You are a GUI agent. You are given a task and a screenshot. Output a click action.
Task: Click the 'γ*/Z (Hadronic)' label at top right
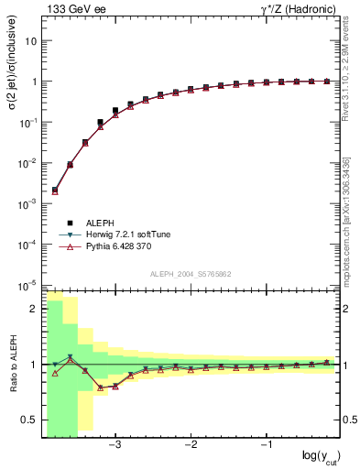[294, 9]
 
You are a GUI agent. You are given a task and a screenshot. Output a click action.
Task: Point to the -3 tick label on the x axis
[115, 446]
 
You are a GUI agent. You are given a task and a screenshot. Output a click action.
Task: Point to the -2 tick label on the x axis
[191, 446]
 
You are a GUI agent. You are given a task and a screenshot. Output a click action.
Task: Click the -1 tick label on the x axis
[266, 446]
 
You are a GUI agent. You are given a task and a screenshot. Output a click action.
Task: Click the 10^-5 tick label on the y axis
[27, 285]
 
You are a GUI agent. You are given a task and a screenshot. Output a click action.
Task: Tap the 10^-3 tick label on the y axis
[27, 203]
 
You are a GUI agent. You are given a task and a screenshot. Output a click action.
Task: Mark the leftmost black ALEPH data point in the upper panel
[55, 190]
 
